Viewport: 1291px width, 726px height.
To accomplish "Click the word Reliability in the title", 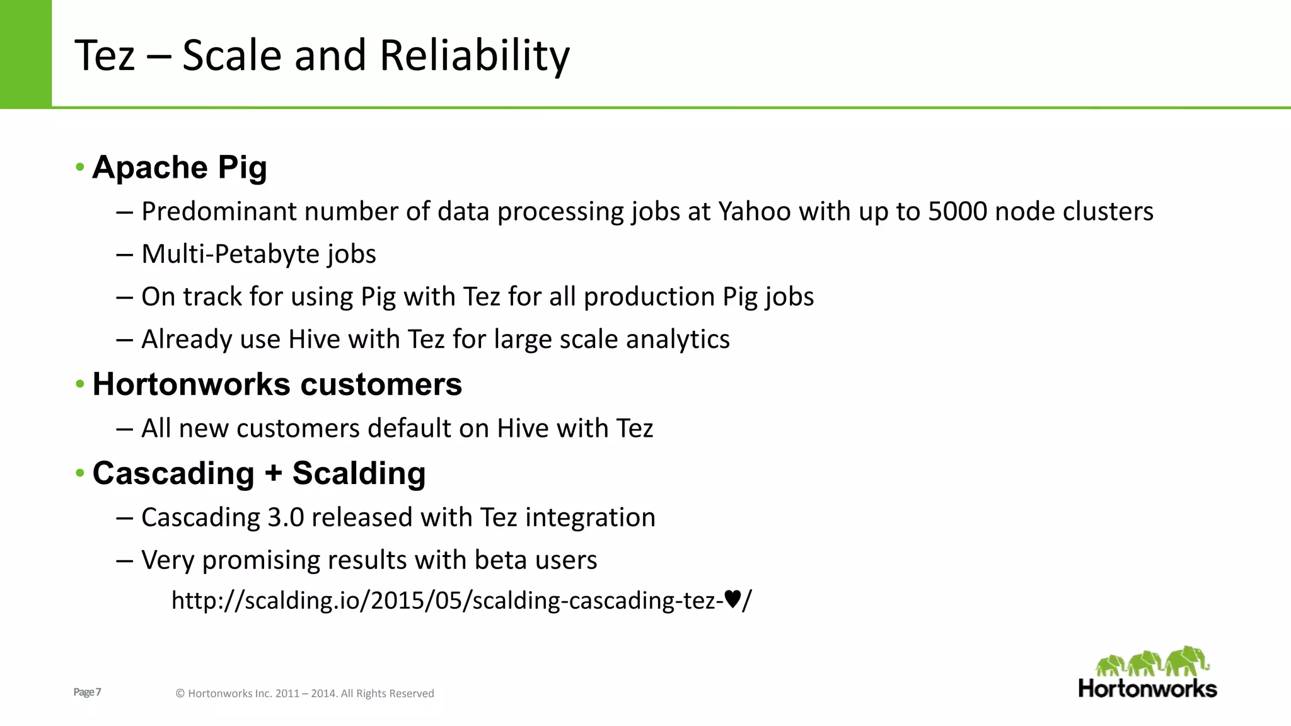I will (x=474, y=55).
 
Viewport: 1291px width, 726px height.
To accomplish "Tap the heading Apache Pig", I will (x=180, y=168).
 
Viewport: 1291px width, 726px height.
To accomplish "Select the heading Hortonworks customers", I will (x=277, y=384).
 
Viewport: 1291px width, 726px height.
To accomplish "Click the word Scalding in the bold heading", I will (x=359, y=473).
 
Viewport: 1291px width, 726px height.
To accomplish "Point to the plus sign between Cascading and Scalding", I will (x=273, y=474).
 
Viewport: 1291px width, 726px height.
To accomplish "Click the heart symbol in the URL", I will (x=732, y=599).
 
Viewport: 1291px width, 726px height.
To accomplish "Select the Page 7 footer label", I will (x=87, y=692).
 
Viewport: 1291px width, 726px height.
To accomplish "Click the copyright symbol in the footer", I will (x=180, y=694).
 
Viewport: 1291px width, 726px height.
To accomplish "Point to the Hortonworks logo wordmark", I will (x=1147, y=689).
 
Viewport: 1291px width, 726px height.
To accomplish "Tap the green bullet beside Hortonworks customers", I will (x=79, y=384).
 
